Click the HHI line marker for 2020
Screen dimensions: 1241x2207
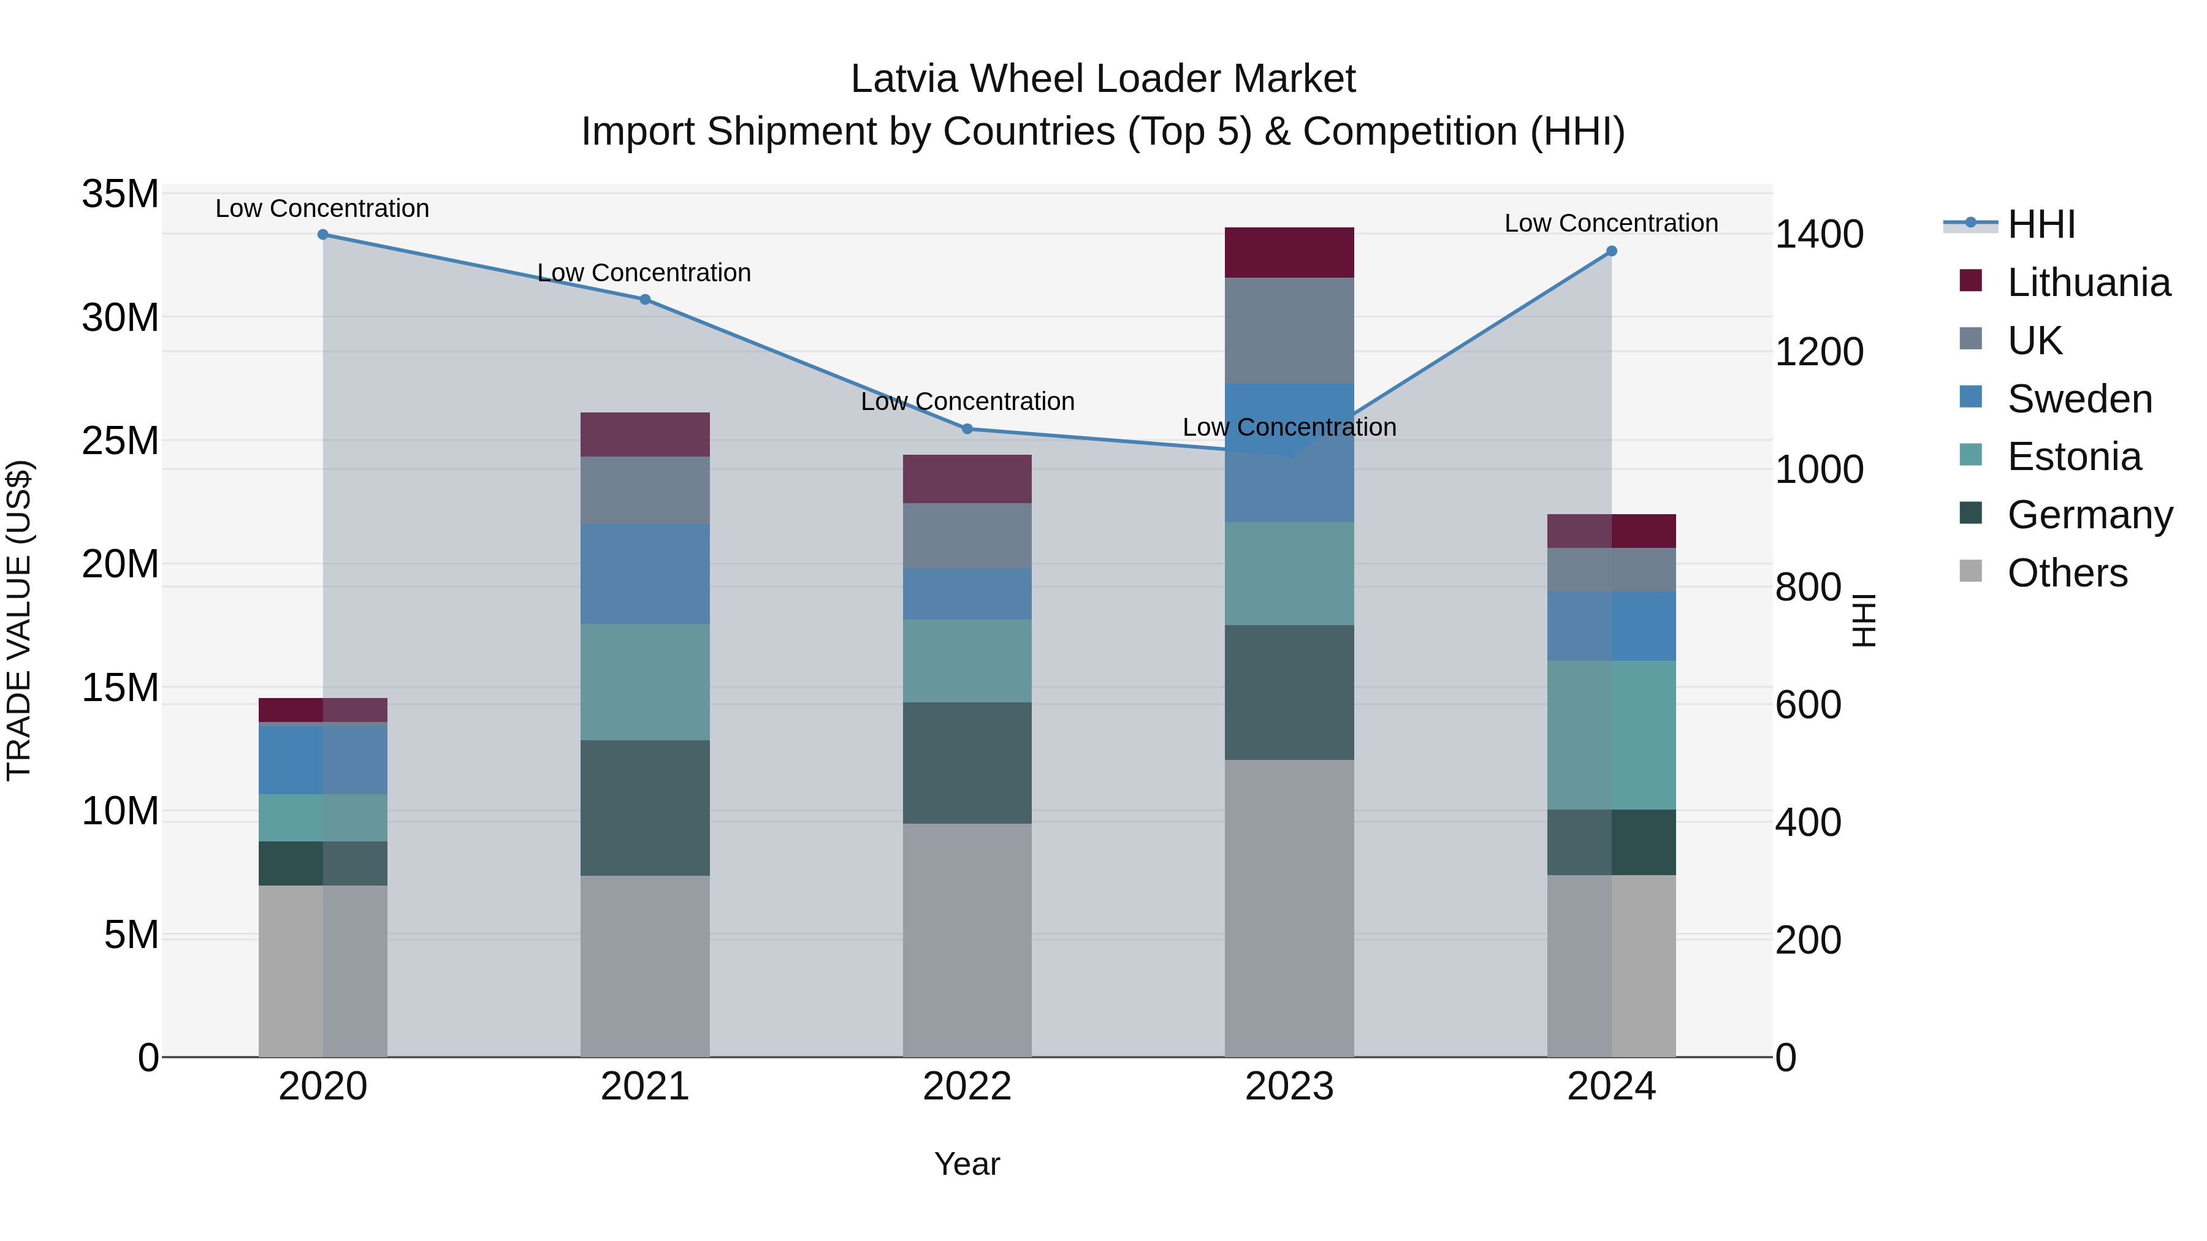click(x=323, y=235)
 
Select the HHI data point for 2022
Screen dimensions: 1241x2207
click(x=967, y=429)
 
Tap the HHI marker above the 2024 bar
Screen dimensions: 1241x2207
click(x=1612, y=251)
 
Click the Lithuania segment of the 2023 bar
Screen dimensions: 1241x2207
click(x=1289, y=252)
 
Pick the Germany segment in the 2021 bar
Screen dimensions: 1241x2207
click(x=645, y=808)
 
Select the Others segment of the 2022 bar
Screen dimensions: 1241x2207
click(x=967, y=940)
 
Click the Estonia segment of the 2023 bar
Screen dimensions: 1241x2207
click(x=1289, y=574)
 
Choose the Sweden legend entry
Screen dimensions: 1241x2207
click(x=2079, y=399)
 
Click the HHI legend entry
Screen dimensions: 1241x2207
click(x=2041, y=224)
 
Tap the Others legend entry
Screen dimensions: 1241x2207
click(x=2067, y=573)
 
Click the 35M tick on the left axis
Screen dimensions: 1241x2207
click(x=120, y=194)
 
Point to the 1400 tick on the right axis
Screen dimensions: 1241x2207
click(x=1819, y=235)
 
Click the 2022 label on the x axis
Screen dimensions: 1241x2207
click(x=967, y=1087)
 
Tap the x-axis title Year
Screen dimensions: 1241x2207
click(x=967, y=1164)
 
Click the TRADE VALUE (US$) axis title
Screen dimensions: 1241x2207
click(x=19, y=620)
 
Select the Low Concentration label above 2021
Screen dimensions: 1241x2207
click(x=644, y=273)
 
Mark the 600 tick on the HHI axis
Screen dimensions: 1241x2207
click(x=1808, y=705)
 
